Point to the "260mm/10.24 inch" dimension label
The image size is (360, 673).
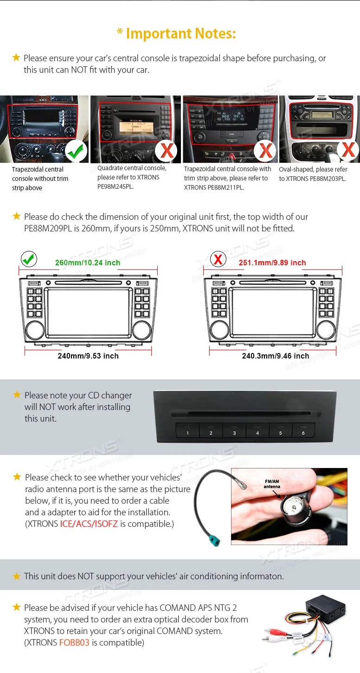click(88, 263)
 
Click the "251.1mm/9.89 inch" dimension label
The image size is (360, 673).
click(272, 263)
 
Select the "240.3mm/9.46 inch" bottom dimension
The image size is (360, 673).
click(275, 356)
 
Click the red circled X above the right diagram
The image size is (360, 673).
click(218, 259)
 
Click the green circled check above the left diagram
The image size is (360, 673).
click(29, 259)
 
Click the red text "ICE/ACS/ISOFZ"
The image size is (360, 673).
click(89, 524)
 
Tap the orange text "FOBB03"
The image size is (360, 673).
click(74, 643)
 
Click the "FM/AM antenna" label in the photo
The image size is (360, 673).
click(272, 484)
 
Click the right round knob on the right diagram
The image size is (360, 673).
click(326, 330)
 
